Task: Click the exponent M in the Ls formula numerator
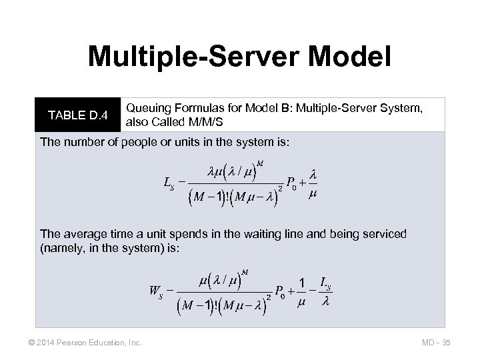click(x=260, y=163)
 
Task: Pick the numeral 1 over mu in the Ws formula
click(x=301, y=283)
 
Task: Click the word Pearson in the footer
click(x=71, y=342)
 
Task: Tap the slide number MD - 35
click(x=437, y=342)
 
